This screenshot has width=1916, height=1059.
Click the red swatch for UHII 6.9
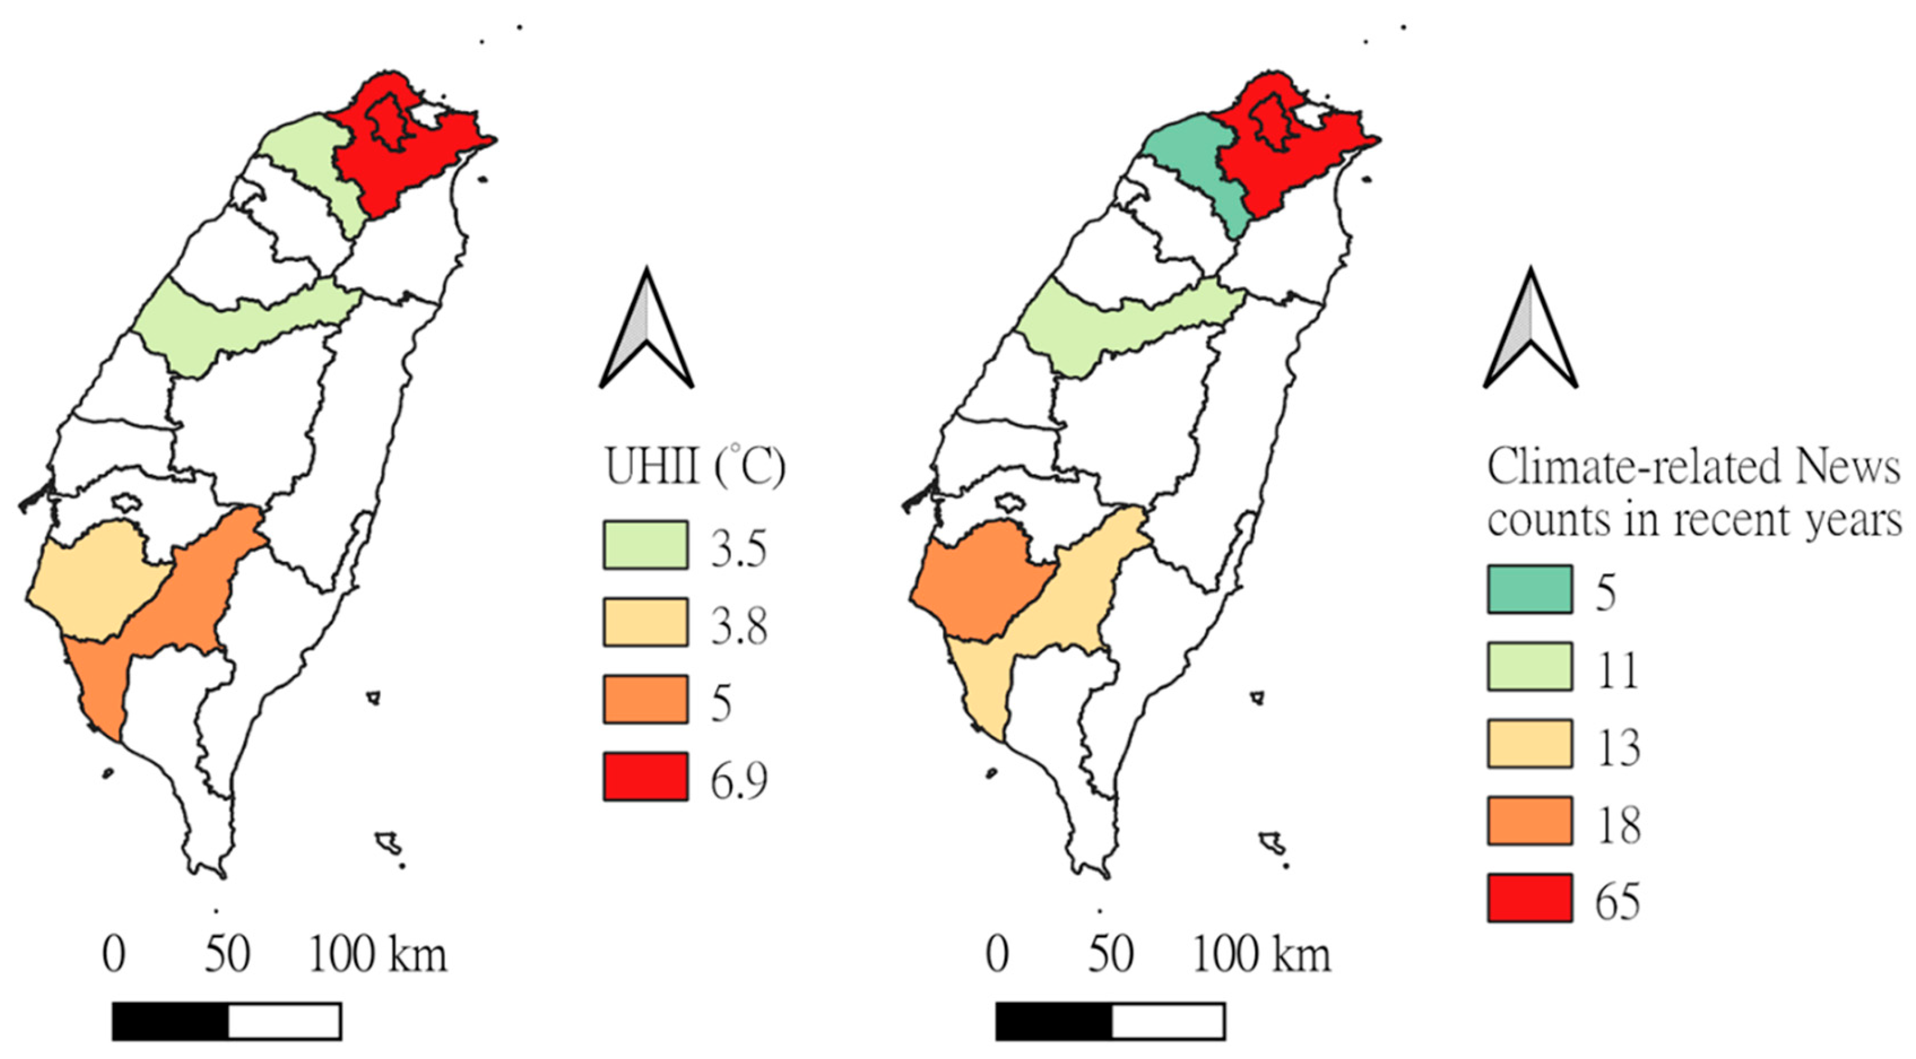[645, 776]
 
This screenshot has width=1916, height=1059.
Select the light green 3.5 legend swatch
[645, 545]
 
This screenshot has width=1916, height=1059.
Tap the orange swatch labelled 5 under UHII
[645, 699]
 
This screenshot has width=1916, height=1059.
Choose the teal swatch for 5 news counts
[1530, 590]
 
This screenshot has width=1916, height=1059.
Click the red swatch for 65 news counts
[1530, 898]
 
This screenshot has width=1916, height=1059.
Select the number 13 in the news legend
[1617, 747]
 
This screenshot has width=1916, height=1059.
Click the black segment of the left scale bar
[171, 1021]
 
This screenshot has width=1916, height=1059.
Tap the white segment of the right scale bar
[1168, 1021]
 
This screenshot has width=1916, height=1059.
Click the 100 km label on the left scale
[377, 955]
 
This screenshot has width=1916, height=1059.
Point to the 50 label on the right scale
[1110, 955]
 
